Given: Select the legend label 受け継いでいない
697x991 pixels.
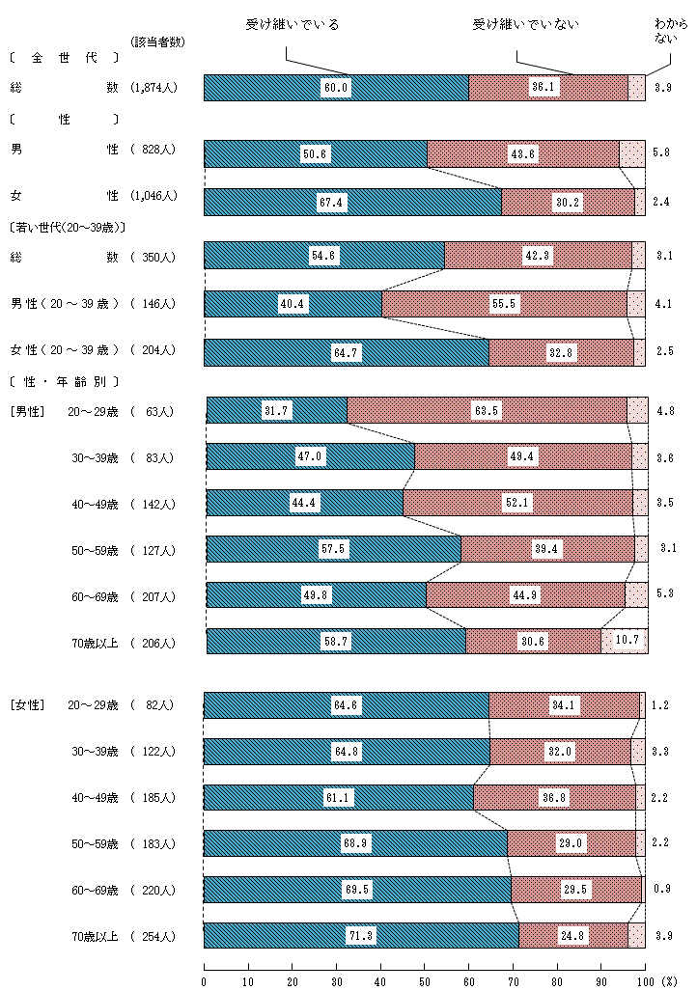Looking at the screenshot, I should [525, 24].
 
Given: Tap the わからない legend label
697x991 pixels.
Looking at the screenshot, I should [671, 32].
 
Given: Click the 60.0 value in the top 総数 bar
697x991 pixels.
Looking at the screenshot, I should [336, 88].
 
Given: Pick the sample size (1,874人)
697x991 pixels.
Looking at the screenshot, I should [153, 88].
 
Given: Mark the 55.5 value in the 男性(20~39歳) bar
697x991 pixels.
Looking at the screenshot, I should [505, 304].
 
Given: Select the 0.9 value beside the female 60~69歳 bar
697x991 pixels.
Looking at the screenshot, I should [662, 890].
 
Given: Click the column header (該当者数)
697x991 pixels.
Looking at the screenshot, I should [157, 41].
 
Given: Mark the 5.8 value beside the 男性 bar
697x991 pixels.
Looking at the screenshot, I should [661, 152].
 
